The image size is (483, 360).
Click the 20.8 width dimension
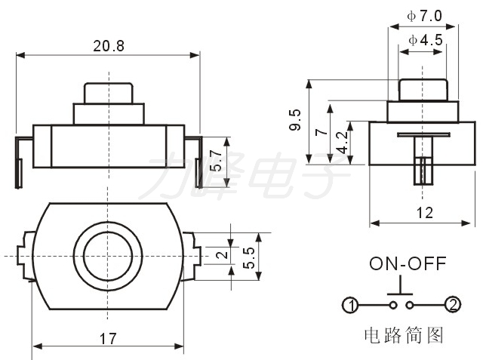tap(109, 46)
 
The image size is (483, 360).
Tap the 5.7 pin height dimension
tap(217, 161)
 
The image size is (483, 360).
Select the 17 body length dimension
tap(108, 339)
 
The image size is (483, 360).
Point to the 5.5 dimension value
tap(249, 257)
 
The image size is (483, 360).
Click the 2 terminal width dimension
tap(222, 254)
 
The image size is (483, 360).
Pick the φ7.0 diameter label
tap(424, 16)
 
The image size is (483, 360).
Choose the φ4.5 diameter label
tap(426, 40)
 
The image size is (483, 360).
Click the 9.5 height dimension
tap(295, 120)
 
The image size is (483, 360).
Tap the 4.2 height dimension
tap(342, 143)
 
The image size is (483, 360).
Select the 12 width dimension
tap(424, 213)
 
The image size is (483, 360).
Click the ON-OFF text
tap(408, 263)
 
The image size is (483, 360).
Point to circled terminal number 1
tap(350, 306)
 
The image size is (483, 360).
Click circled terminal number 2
tap(453, 305)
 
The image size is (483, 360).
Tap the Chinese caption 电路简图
tap(404, 335)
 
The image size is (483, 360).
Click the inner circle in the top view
tap(108, 256)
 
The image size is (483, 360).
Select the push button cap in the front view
tap(109, 93)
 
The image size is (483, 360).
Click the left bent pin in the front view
tap(20, 162)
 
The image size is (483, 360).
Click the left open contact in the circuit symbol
tap(392, 305)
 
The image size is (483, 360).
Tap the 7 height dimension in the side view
tap(321, 132)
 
